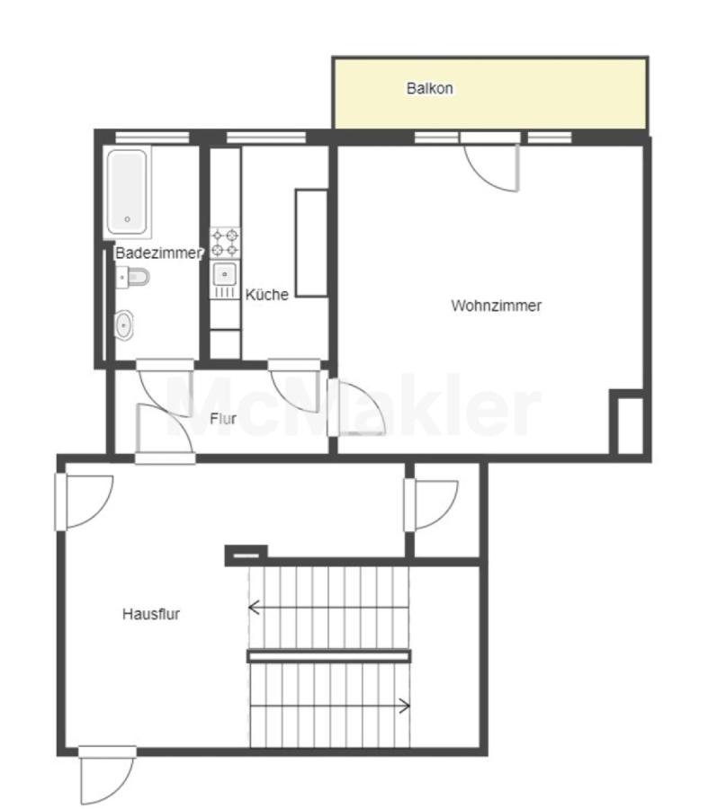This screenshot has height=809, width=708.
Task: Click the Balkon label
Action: pos(429,88)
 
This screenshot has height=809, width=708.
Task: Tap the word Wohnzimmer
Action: pos(496,306)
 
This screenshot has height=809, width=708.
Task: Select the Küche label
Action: pos(266,295)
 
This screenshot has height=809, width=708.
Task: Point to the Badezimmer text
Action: pos(158,253)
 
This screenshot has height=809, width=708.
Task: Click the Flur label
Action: pos(223,418)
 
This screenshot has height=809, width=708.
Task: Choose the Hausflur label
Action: pos(151,614)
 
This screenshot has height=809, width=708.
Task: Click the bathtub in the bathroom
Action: pos(127,192)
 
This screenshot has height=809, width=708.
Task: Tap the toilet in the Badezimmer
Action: pos(133,278)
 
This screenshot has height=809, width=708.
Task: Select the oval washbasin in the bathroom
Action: pos(123,325)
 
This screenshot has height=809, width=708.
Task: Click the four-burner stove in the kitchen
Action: pos(225,243)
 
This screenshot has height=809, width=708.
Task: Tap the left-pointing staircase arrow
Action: pos(328,608)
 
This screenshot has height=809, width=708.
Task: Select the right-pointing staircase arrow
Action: pos(330,706)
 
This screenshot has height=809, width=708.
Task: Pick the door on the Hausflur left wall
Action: pos(85,502)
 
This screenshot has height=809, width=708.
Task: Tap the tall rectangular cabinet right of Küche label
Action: pos(311,243)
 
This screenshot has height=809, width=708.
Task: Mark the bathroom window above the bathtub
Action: pos(152,138)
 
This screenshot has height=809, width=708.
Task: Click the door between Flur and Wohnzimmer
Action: pos(356,407)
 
